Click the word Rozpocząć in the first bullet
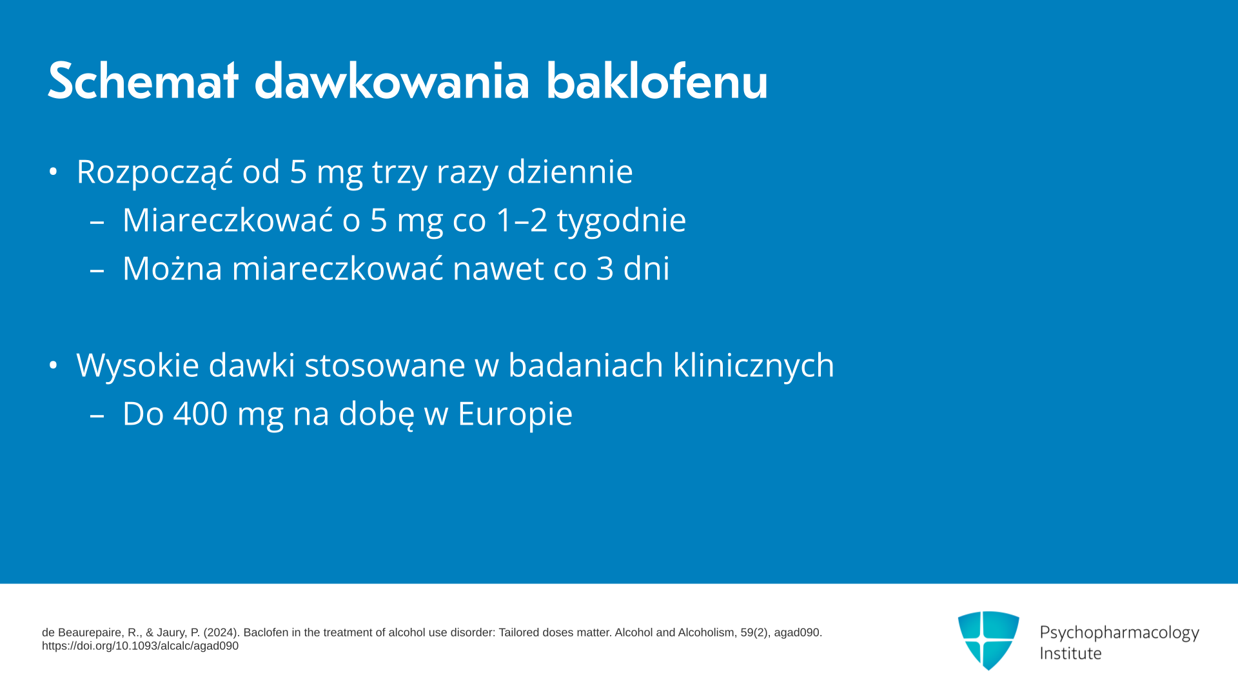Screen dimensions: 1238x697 [155, 172]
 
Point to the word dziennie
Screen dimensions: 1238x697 [570, 172]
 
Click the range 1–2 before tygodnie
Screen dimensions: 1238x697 [522, 220]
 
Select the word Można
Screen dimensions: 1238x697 [172, 268]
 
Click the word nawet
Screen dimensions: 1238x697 [498, 269]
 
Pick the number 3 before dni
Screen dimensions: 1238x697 [605, 268]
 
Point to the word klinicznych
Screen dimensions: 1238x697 [754, 366]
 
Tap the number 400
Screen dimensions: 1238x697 [201, 414]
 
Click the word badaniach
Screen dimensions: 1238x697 [585, 365]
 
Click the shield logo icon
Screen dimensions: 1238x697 [988, 640]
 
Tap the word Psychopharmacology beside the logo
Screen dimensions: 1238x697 [1119, 633]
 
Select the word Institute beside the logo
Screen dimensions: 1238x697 [1070, 653]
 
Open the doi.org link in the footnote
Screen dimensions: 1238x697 [141, 646]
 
